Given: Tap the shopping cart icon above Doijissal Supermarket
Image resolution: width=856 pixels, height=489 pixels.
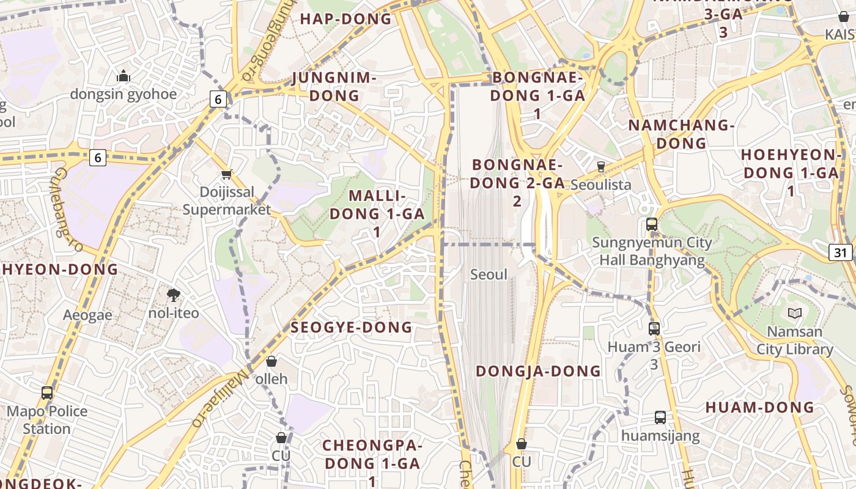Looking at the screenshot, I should click(227, 175).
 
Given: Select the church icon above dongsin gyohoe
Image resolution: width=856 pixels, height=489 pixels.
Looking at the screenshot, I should click(124, 76).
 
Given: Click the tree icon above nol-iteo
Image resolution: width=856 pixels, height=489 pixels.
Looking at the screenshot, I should click(174, 295).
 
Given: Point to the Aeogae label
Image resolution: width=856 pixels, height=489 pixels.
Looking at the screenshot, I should click(87, 315).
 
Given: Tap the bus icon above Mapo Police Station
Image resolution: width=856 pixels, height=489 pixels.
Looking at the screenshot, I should click(47, 393).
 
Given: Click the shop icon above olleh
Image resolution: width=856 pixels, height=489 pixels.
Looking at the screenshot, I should click(271, 361).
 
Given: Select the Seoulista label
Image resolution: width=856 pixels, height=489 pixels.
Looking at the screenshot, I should click(600, 185).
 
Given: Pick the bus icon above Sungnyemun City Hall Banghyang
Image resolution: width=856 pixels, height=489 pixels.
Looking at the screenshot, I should click(652, 224).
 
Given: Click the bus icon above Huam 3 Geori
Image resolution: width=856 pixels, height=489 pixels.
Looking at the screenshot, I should click(654, 329).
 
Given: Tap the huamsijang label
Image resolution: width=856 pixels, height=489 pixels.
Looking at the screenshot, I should click(660, 436).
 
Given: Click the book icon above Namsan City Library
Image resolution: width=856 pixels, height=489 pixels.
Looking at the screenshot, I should click(795, 314).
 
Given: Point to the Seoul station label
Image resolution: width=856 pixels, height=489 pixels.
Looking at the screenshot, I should click(489, 274).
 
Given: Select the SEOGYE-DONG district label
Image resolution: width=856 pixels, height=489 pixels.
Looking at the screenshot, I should click(352, 328).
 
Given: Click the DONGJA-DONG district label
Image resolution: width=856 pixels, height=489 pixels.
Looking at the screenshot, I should click(539, 371).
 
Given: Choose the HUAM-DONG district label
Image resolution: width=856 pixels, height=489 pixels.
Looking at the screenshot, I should click(760, 407).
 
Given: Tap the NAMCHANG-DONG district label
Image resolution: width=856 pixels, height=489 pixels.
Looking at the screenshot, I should click(681, 134).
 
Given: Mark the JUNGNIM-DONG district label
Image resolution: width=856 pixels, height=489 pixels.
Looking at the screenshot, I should click(334, 87).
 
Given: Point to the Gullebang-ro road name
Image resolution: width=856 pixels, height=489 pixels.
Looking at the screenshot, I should click(68, 210).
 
